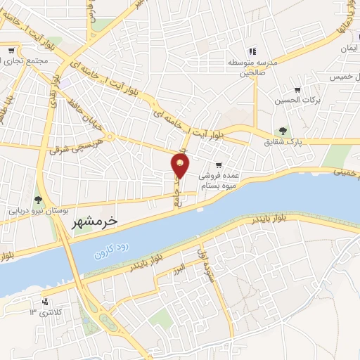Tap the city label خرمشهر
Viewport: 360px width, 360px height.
97,221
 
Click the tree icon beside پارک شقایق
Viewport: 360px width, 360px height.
283,131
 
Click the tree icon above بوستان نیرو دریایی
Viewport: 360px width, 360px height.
38,200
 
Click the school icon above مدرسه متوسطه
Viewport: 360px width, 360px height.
252,51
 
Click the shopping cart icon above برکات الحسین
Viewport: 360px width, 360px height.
297,90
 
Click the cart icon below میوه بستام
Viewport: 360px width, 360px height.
228,185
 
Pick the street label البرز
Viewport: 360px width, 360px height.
180,267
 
